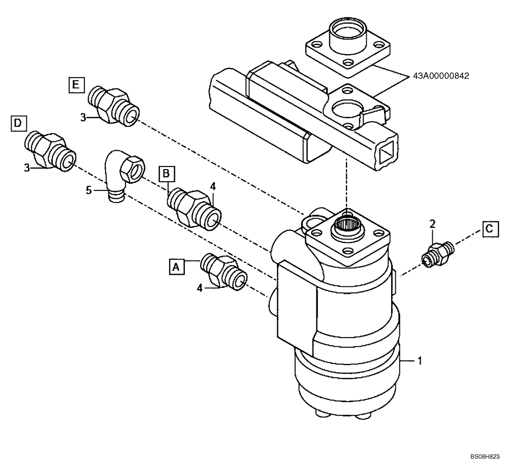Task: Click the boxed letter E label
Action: tap(76, 85)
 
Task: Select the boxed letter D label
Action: tap(18, 123)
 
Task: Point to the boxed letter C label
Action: tap(488, 228)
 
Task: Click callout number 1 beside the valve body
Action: tap(420, 361)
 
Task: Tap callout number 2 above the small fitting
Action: tap(432, 223)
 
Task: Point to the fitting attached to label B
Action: tap(195, 208)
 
